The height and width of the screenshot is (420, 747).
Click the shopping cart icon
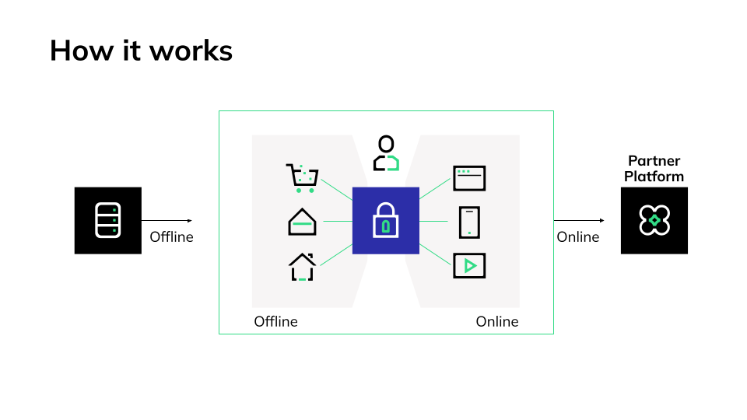[302, 178]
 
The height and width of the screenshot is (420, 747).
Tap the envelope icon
[302, 222]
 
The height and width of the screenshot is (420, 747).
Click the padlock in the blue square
[386, 221]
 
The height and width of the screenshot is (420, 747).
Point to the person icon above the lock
[386, 153]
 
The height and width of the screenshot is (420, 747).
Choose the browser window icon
[469, 178]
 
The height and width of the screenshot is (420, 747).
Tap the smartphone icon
[469, 222]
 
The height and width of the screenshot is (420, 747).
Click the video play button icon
[469, 265]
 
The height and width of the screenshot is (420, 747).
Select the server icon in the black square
[108, 220]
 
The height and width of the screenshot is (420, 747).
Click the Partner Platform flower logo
[654, 220]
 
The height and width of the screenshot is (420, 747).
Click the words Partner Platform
[654, 169]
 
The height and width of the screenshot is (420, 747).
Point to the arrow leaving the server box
[167, 220]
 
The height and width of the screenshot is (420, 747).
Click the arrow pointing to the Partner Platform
[579, 220]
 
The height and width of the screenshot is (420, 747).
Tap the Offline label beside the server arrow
[171, 237]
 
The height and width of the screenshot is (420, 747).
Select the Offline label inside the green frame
[276, 321]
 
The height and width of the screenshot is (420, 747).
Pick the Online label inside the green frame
[496, 321]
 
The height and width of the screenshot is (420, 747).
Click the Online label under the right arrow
[578, 237]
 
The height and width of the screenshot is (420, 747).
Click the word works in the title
[191, 51]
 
